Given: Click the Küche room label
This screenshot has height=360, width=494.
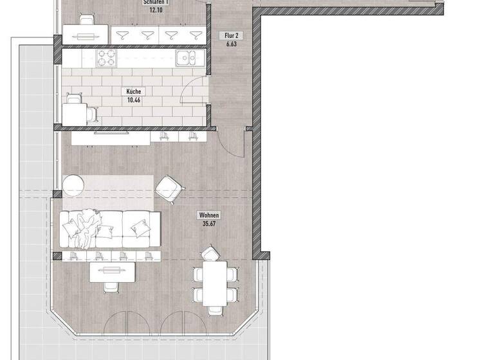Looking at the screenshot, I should tap(134, 92).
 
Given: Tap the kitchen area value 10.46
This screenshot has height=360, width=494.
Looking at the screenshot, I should tap(134, 100).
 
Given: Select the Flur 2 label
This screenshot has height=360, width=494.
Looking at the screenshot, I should tap(231, 37).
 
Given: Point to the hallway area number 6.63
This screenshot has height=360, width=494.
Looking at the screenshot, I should tap(231, 45).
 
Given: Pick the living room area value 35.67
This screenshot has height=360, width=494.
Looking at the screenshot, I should tap(210, 224).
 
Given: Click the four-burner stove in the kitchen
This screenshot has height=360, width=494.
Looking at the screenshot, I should tap(106, 59).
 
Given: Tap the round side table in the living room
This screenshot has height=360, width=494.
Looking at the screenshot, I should tap(75, 186).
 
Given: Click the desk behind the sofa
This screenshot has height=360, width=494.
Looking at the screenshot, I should tap(113, 272).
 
